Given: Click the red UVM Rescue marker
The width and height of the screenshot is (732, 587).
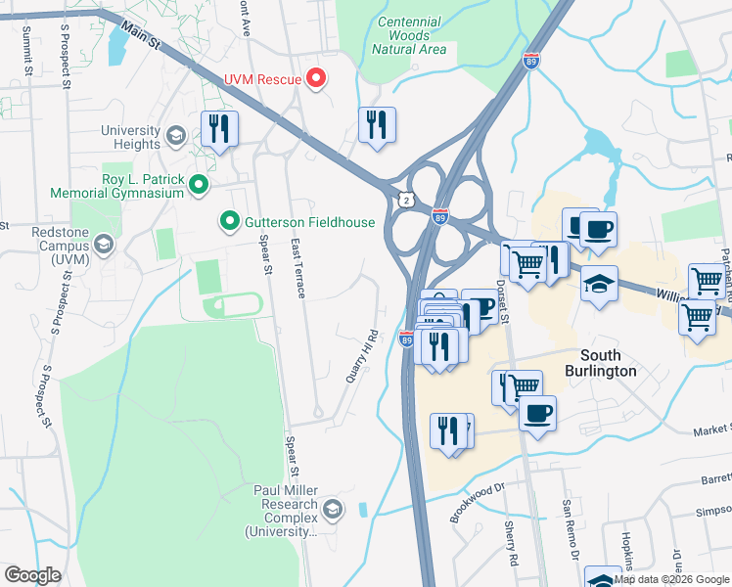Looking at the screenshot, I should (x=316, y=78).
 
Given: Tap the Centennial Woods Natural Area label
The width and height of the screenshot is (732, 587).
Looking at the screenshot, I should (x=409, y=35).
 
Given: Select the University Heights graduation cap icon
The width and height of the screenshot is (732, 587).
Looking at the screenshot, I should (x=176, y=134).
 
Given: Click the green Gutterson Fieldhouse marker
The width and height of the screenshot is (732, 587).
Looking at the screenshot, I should (x=230, y=222).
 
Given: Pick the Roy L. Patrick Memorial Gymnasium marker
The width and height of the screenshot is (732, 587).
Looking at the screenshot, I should (x=199, y=184).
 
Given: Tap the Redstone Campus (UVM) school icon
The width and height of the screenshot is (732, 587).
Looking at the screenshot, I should (x=104, y=243).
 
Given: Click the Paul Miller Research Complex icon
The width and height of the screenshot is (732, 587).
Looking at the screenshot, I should (x=334, y=507).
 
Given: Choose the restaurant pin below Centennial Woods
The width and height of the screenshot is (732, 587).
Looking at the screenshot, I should (x=377, y=124).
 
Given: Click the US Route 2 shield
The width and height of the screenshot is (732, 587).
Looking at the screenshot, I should (x=405, y=200).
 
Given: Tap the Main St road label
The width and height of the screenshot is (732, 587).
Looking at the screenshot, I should (x=143, y=39).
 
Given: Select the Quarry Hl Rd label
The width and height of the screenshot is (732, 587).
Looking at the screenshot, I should (x=362, y=353).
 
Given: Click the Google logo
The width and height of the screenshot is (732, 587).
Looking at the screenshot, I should (x=33, y=575).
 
